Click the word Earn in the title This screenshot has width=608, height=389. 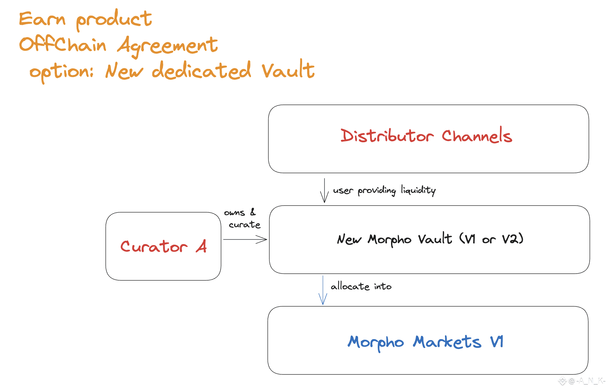point(42,19)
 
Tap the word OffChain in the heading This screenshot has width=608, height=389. point(63,44)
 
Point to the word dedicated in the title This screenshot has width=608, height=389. point(201,70)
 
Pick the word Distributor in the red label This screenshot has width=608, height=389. point(387,136)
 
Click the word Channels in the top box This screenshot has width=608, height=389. point(476,136)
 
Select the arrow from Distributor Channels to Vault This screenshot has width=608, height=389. point(324,190)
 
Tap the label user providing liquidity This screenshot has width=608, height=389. point(384,190)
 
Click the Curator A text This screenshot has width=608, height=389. point(163,246)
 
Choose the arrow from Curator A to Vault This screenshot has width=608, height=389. point(245,239)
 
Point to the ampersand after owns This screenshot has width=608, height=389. point(253,212)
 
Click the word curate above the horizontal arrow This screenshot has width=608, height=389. point(244,225)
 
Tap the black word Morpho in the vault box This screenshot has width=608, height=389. point(389,240)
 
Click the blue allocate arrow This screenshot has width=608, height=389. point(323,290)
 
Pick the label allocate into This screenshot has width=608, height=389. point(361,286)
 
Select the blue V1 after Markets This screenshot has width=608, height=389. point(497,342)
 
